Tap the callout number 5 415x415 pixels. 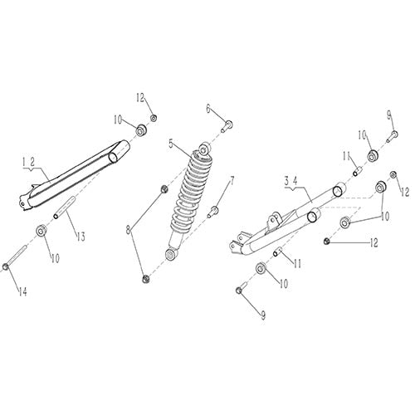tap(172, 144)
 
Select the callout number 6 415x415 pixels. tap(209, 108)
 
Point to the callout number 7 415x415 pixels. tap(232, 179)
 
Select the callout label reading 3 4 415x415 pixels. tap(290, 180)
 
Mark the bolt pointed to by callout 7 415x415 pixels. tap(213, 211)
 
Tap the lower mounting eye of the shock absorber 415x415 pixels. tap(172, 251)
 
